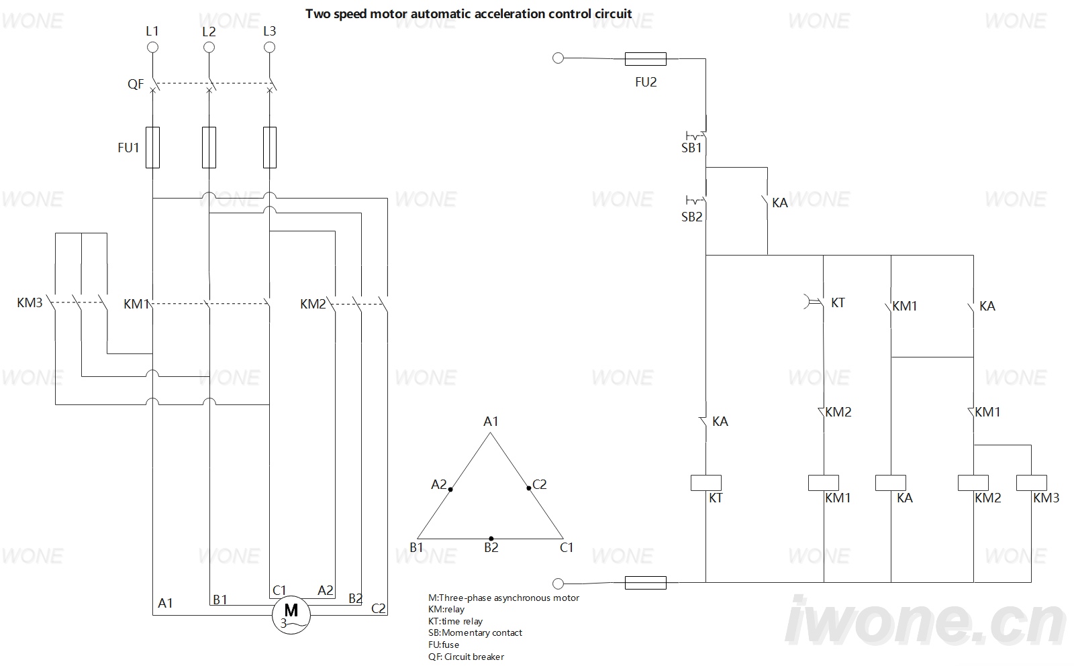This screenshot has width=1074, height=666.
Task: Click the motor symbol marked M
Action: (x=291, y=615)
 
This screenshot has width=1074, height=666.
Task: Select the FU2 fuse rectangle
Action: (x=645, y=59)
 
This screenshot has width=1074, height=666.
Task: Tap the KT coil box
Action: (x=705, y=483)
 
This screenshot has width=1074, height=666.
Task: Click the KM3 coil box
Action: (x=1031, y=483)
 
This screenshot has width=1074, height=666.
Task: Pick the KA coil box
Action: (x=890, y=483)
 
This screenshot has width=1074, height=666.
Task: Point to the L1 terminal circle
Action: (x=152, y=48)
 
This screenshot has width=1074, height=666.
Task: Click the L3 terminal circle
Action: (x=269, y=48)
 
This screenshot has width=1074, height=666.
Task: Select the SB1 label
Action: (x=691, y=148)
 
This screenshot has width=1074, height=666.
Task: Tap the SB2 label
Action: (x=691, y=217)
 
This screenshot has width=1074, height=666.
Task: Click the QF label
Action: (x=135, y=85)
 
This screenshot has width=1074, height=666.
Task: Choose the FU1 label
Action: (x=128, y=148)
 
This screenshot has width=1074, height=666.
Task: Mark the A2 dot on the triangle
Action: (x=450, y=489)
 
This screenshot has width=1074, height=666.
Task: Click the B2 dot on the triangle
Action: (x=491, y=539)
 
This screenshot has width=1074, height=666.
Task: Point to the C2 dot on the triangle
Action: (x=529, y=488)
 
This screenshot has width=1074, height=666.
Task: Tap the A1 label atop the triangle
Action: (x=491, y=422)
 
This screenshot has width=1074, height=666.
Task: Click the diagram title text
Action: (x=469, y=14)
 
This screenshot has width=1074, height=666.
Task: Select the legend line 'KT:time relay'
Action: (x=455, y=622)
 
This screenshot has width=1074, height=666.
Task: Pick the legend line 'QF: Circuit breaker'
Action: (x=466, y=657)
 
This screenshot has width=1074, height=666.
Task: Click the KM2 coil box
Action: (x=973, y=483)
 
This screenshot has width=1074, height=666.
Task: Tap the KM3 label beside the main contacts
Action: (x=30, y=302)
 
